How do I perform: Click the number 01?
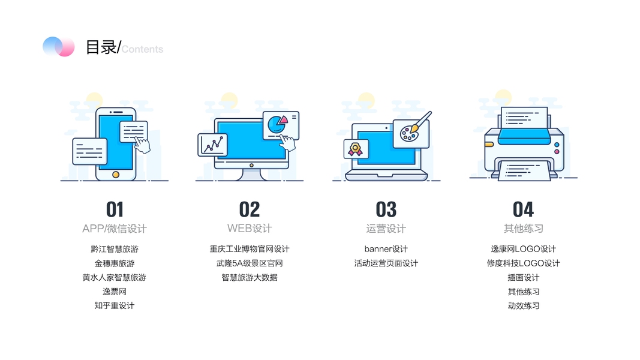coord(115,209)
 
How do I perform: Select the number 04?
coord(523,209)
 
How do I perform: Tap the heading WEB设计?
coord(250,229)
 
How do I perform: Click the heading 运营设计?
coord(386,229)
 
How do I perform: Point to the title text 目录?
coord(101,47)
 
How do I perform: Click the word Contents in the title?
coord(143,49)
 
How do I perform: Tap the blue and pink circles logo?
coord(58,47)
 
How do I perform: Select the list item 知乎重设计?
coord(115,306)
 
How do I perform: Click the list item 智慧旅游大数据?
coord(250,277)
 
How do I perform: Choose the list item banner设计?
coord(386,249)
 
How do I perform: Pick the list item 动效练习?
coord(523,306)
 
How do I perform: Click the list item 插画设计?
coord(523,277)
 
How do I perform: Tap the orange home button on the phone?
coord(116,175)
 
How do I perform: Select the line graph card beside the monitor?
coord(212,145)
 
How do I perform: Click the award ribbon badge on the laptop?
coord(356,149)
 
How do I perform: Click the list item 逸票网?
coord(115,292)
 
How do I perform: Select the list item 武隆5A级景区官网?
coord(250,263)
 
